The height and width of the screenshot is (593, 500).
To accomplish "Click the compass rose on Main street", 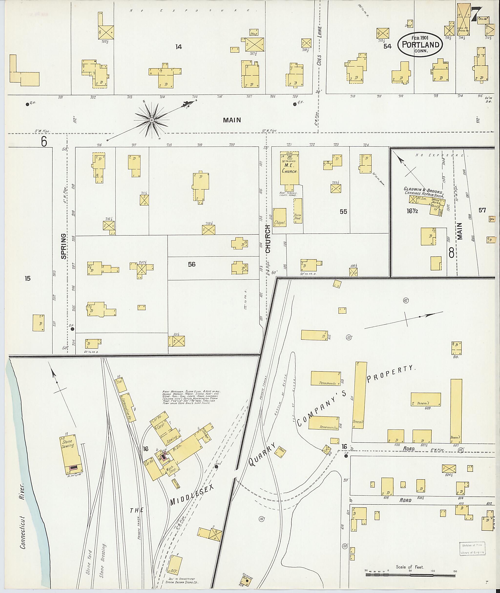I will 152,120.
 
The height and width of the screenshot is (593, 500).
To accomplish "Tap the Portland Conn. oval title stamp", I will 420,44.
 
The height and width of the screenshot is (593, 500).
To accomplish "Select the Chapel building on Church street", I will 280,218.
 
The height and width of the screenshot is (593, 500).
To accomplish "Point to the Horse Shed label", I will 298,217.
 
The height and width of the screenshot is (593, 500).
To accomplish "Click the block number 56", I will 192,264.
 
